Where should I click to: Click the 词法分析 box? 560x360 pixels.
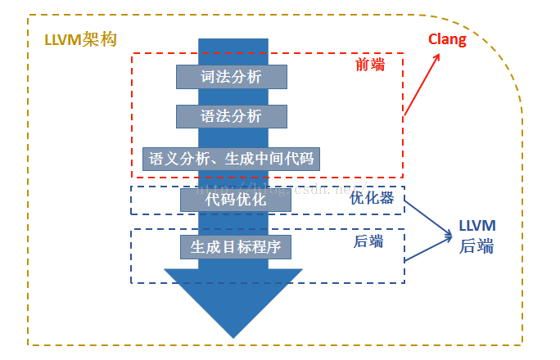pyautogui.click(x=232, y=77)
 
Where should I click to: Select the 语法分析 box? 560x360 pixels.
pyautogui.click(x=232, y=116)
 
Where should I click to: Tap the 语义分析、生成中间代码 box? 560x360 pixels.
pyautogui.click(x=231, y=159)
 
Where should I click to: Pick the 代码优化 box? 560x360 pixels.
pyautogui.click(x=235, y=200)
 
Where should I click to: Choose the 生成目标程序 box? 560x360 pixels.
pyautogui.click(x=236, y=245)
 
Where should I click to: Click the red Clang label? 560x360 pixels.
pyautogui.click(x=447, y=39)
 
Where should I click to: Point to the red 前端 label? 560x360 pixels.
pyautogui.click(x=369, y=64)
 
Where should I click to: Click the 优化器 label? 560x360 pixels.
pyautogui.click(x=372, y=198)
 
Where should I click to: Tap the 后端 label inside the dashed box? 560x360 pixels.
pyautogui.click(x=368, y=241)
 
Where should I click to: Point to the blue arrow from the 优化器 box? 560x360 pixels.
pyautogui.click(x=427, y=219)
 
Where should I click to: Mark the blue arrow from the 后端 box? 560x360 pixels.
pyautogui.click(x=427, y=250)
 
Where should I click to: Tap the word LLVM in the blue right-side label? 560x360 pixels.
pyautogui.click(x=477, y=225)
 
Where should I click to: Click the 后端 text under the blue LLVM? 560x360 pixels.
pyautogui.click(x=476, y=245)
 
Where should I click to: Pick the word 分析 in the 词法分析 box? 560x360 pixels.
pyautogui.click(x=247, y=77)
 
